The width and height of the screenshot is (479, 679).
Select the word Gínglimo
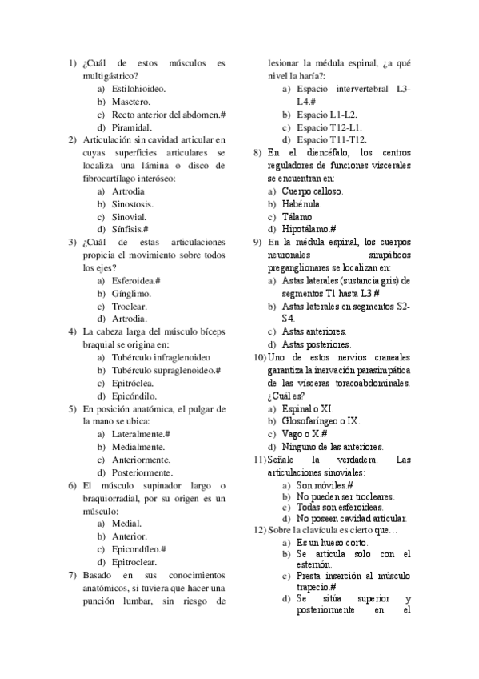(132, 293)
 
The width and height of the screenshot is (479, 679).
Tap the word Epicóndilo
(134, 396)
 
